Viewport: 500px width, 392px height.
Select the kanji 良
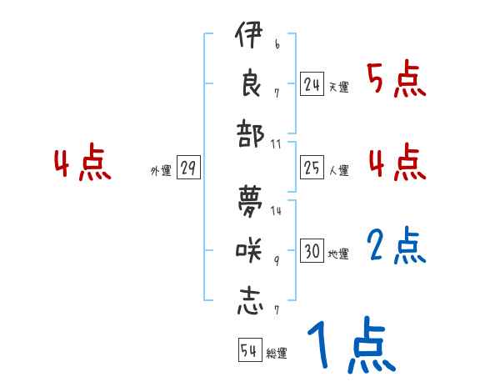pos(250,85)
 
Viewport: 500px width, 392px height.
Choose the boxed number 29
pos(188,168)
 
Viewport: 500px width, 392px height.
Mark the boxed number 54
pos(249,351)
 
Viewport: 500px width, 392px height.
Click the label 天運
pos(339,86)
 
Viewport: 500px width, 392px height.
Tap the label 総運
pos(277,354)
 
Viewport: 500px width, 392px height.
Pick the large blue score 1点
pos(350,347)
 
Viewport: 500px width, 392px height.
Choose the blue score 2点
pos(397,247)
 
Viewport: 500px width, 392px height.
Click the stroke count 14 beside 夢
pos(276,210)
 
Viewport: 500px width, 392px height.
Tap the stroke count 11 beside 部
pos(276,144)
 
